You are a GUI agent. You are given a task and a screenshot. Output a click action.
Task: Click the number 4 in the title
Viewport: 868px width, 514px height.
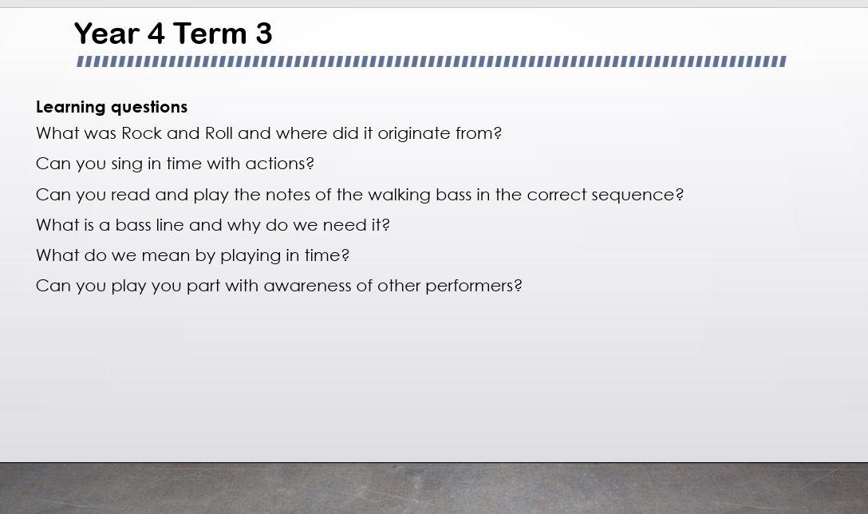(156, 34)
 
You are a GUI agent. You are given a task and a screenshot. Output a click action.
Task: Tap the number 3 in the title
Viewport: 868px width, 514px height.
(264, 34)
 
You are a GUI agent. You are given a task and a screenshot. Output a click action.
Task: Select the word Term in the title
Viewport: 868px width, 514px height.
(210, 34)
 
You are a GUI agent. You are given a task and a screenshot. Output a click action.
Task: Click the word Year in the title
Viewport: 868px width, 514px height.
(107, 34)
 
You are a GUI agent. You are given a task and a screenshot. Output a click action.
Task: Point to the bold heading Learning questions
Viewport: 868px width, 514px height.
(112, 107)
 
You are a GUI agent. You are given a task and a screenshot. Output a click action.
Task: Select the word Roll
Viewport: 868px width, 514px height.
(219, 133)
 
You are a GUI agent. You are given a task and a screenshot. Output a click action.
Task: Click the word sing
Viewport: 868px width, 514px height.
(127, 164)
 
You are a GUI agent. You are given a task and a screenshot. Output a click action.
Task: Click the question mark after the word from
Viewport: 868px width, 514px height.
(497, 133)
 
